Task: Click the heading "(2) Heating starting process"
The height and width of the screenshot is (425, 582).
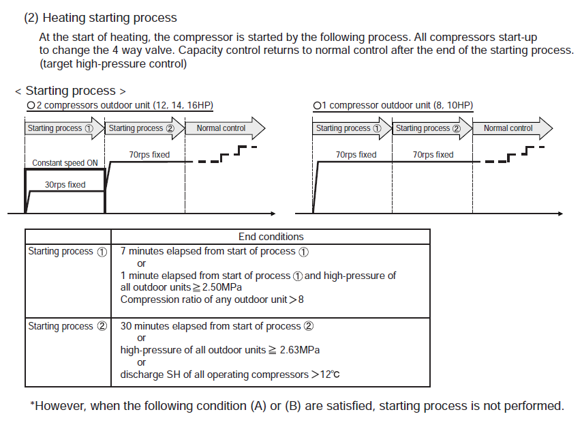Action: click(100, 18)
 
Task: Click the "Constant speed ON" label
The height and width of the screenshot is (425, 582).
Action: click(65, 164)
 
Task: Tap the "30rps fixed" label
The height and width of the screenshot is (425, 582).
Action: click(65, 185)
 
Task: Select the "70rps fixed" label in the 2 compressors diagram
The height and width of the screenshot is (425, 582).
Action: click(149, 155)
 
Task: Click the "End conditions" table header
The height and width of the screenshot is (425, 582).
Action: click(271, 237)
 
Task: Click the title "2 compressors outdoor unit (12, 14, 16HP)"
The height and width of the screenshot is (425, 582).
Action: click(121, 106)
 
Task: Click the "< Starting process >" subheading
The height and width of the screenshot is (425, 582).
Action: click(70, 91)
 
